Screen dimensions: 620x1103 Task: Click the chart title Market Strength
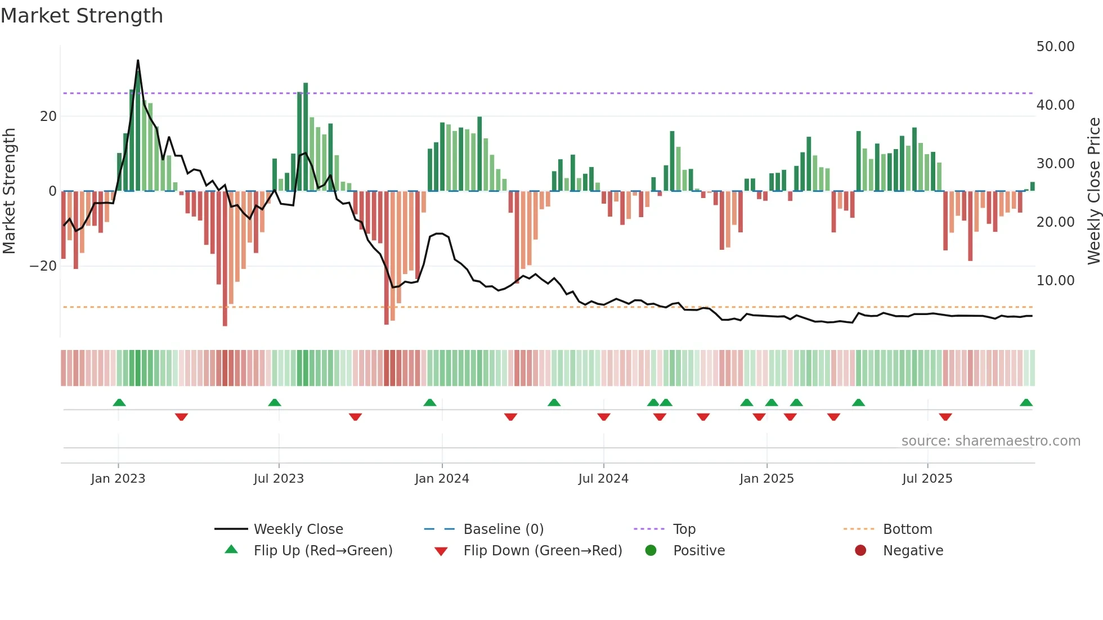pyautogui.click(x=82, y=16)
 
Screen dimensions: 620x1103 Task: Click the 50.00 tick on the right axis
pyautogui.click(x=1055, y=47)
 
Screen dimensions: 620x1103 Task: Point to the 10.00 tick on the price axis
pyautogui.click(x=1055, y=281)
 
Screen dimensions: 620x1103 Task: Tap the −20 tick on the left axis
pyautogui.click(x=43, y=266)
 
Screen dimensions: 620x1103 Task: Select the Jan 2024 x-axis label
pyautogui.click(x=442, y=479)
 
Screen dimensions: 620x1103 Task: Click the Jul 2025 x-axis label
pyautogui.click(x=927, y=479)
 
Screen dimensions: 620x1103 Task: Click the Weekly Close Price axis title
pyautogui.click(x=1093, y=191)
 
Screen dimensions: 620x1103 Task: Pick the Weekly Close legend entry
pyautogui.click(x=298, y=529)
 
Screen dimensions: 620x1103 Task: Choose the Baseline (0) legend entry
pyautogui.click(x=503, y=529)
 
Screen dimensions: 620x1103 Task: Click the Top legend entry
pyautogui.click(x=684, y=529)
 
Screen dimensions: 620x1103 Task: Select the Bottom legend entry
pyautogui.click(x=907, y=529)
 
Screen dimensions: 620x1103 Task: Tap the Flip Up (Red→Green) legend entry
pyautogui.click(x=322, y=551)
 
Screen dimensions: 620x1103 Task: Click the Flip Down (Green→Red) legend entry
pyautogui.click(x=542, y=551)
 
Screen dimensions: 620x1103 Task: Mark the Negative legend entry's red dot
pyautogui.click(x=860, y=551)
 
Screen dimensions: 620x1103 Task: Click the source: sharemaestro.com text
pyautogui.click(x=990, y=441)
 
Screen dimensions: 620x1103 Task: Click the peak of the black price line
pyautogui.click(x=138, y=61)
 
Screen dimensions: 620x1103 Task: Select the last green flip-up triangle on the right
pyautogui.click(x=1026, y=403)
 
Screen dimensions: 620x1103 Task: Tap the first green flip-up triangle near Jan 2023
pyautogui.click(x=119, y=403)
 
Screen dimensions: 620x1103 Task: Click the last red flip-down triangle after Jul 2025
pyautogui.click(x=945, y=417)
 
